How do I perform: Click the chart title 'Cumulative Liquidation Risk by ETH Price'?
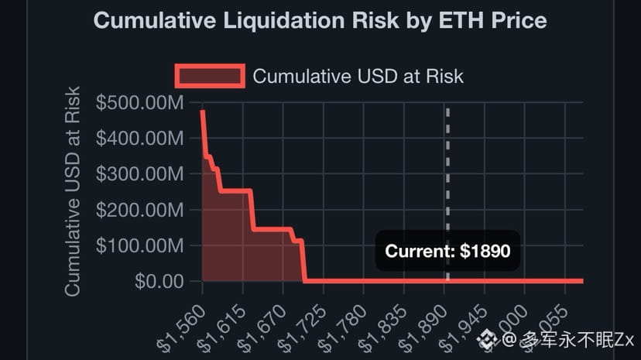point(320,20)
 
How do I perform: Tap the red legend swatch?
point(210,76)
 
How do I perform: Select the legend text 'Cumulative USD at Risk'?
point(358,76)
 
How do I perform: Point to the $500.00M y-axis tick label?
point(140,103)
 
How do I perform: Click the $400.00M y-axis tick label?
point(140,139)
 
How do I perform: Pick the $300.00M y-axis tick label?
point(140,174)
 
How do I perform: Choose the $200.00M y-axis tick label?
point(140,210)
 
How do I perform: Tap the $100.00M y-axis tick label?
point(140,245)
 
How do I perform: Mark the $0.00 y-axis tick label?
point(159,281)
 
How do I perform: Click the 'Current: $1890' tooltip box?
point(447,251)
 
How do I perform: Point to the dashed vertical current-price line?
point(447,170)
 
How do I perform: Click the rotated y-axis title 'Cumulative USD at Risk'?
point(73,191)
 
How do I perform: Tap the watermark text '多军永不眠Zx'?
point(577,339)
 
